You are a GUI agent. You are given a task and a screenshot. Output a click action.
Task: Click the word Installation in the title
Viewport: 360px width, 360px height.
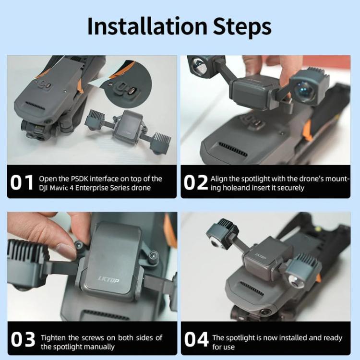pos(147,26)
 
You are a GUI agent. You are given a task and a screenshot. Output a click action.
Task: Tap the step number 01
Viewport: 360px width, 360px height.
pos(22,183)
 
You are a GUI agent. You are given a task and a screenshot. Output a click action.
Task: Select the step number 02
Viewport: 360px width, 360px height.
pos(196,183)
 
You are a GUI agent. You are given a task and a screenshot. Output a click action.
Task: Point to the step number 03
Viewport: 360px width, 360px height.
pos(23,339)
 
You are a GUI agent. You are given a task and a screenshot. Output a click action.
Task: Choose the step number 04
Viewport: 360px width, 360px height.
pos(196,339)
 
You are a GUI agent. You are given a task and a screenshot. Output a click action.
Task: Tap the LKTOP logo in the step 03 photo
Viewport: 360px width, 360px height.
pos(108,280)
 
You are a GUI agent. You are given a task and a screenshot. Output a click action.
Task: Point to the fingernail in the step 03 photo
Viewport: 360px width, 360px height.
pos(66,250)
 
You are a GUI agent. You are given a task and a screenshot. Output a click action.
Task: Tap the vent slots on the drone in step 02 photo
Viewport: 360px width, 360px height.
pos(233,149)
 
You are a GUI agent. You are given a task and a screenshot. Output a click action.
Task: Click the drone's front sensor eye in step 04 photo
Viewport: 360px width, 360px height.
pos(265,312)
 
